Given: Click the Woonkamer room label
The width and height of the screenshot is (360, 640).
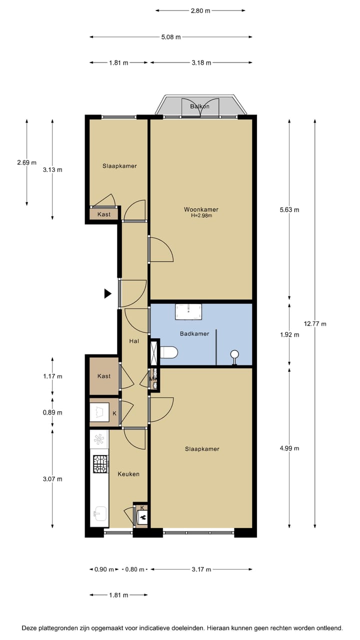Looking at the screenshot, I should click(201, 209).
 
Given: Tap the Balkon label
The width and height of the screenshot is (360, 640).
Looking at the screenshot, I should click(199, 106).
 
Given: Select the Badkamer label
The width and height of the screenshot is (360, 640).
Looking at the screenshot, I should click(194, 332).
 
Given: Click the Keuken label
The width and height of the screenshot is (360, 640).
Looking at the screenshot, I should click(128, 473).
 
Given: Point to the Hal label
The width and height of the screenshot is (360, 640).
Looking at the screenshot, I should click(134, 341).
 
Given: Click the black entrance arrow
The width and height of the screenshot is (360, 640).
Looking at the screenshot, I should click(107, 294).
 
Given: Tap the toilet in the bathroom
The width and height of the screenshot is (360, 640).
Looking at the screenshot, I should click(168, 353).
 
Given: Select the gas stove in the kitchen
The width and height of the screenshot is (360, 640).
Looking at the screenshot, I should click(100, 464).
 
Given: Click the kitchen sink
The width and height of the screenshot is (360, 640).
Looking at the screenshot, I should click(99, 512).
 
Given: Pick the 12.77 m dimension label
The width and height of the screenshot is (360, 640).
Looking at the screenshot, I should click(316, 323).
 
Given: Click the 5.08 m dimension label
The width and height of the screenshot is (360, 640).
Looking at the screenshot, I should click(170, 37).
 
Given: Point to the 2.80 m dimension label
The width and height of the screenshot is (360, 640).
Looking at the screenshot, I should click(200, 10).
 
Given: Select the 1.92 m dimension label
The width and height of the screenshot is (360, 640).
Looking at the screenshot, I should click(289, 335).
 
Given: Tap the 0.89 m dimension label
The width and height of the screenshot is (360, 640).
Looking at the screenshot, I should click(52, 412).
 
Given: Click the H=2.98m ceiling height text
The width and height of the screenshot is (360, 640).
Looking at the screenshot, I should click(201, 216).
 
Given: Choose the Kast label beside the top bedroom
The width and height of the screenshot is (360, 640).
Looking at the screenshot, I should click(104, 214).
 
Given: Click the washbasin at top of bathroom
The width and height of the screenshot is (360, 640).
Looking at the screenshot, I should click(188, 311).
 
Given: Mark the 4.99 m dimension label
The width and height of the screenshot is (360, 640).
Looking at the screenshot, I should click(289, 448).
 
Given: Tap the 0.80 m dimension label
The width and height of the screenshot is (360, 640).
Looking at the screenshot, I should click(134, 569).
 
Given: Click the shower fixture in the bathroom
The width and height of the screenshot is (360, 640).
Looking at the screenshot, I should click(234, 356).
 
